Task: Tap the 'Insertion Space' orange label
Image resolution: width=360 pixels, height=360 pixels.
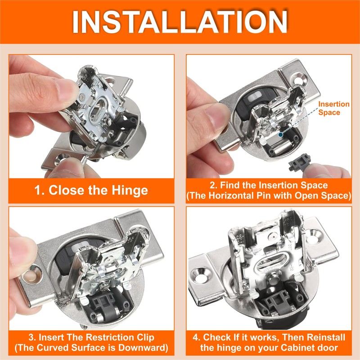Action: (333, 108)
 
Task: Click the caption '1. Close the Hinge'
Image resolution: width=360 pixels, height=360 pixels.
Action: (91, 190)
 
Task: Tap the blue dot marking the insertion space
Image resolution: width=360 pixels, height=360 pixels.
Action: (280, 134)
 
